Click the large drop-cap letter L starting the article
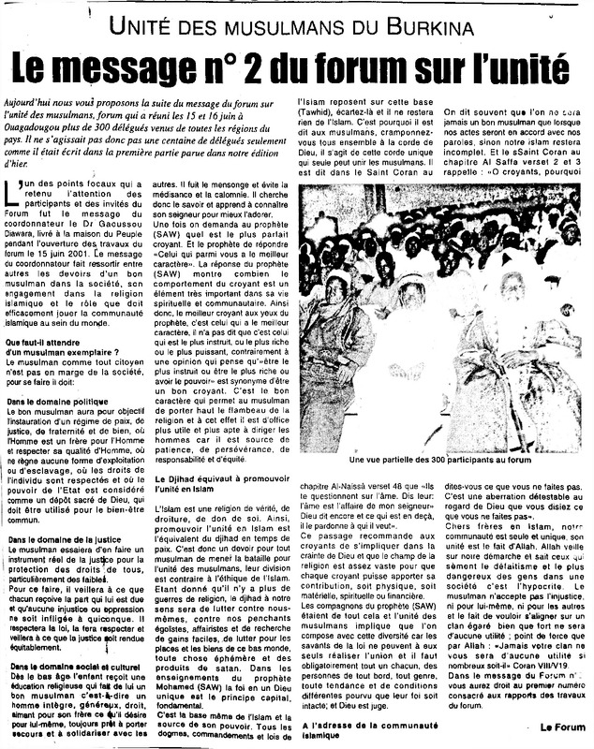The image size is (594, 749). click(x=13, y=196)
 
